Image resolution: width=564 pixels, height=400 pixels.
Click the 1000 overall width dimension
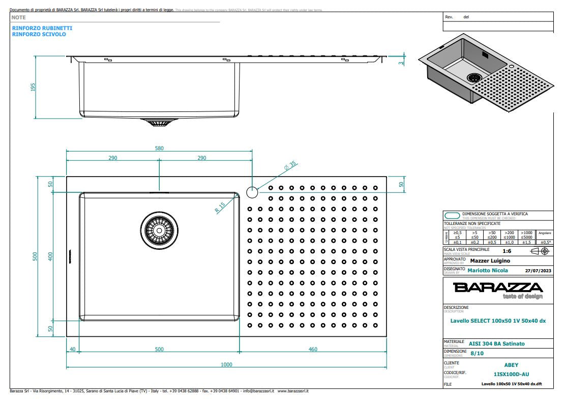(226, 364)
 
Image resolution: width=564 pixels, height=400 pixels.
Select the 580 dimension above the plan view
(159, 148)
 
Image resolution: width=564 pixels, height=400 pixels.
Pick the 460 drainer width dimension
(313, 349)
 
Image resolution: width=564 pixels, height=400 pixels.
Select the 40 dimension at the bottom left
(72, 349)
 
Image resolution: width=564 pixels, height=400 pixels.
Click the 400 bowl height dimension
(50, 256)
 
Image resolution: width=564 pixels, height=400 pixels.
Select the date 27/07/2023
(537, 270)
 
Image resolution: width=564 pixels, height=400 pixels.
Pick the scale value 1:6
(507, 251)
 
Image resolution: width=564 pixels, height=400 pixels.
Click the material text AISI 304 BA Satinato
(496, 344)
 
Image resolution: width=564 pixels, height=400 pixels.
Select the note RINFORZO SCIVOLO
(39, 34)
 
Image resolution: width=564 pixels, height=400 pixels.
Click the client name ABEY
(511, 365)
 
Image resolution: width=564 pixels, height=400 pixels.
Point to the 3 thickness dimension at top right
(401, 63)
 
